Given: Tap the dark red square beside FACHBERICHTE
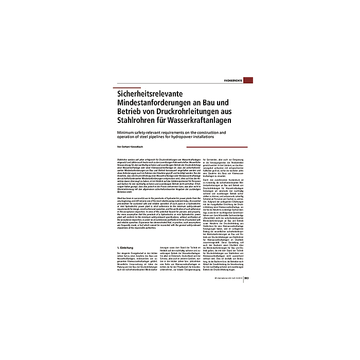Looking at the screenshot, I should pos(248,80).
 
